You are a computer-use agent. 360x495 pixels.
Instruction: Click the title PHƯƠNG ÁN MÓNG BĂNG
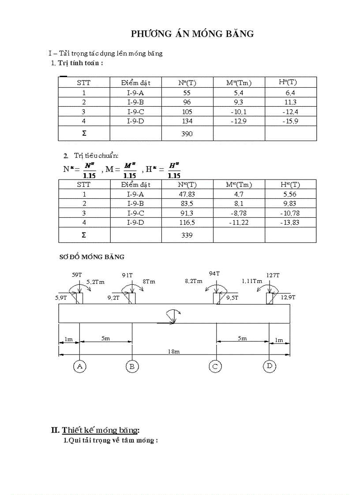[x=192, y=34]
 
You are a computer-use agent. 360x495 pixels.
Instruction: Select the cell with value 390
[x=187, y=134]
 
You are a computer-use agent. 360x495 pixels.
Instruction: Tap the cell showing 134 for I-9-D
[x=187, y=121]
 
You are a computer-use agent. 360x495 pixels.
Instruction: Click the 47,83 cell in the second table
[x=187, y=194]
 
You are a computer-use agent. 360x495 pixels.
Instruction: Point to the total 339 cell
[x=187, y=235]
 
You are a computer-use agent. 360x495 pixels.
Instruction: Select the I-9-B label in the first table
[x=135, y=102]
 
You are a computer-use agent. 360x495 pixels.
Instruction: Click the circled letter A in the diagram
[x=79, y=366]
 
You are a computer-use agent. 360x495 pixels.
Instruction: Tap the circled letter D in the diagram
[x=269, y=366]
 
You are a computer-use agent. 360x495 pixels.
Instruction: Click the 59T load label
[x=77, y=275]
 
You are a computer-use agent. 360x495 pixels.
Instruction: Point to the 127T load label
[x=273, y=275]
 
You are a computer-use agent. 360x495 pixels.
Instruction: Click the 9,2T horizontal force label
[x=113, y=298]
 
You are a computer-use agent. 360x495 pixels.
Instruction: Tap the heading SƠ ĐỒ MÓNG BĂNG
[x=92, y=257]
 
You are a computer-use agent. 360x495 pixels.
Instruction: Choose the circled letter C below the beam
[x=215, y=366]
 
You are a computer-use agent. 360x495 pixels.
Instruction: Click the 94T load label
[x=214, y=273]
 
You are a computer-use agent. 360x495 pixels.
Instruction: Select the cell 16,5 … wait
[x=187, y=223]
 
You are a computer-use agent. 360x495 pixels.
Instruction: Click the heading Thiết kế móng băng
[x=101, y=430]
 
